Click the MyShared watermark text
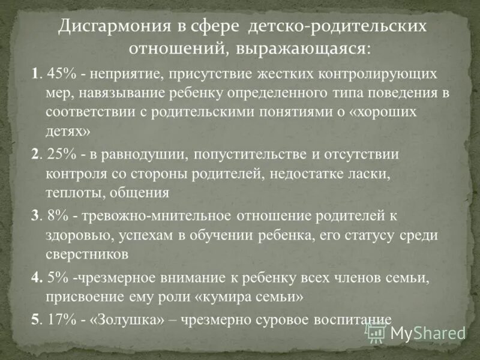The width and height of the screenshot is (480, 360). pos(430,333)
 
